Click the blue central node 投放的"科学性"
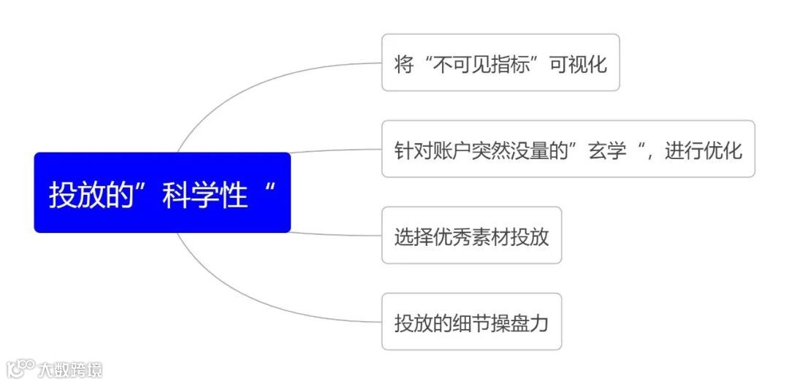point(162,193)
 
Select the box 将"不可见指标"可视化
point(500,63)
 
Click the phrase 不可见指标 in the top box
point(483,64)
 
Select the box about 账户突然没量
point(568,149)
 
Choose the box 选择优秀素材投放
point(471,236)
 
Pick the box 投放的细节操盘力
point(471,322)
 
